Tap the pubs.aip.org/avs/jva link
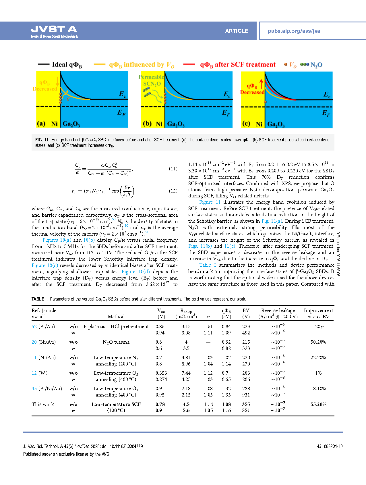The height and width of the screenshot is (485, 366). pos(294,31)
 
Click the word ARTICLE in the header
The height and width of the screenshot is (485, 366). pos(236,31)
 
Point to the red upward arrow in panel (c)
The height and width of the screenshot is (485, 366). pos(261,84)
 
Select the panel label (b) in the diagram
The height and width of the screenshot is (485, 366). pos(147,124)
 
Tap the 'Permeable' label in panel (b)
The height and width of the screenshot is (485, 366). pos(151,77)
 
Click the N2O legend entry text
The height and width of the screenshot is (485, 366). pos(316,65)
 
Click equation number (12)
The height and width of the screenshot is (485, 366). pos(173,191)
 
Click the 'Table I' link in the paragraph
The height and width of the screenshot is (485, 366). pos(207,265)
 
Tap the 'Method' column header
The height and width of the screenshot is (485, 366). pos(116,317)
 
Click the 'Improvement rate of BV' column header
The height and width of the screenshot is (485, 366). pos(318,313)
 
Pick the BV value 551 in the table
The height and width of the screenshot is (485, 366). pos(246,410)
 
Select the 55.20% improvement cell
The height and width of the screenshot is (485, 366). pos(318,404)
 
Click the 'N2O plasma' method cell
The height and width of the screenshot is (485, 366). pos(116,342)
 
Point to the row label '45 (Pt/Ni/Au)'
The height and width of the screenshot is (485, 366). pos(47,388)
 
